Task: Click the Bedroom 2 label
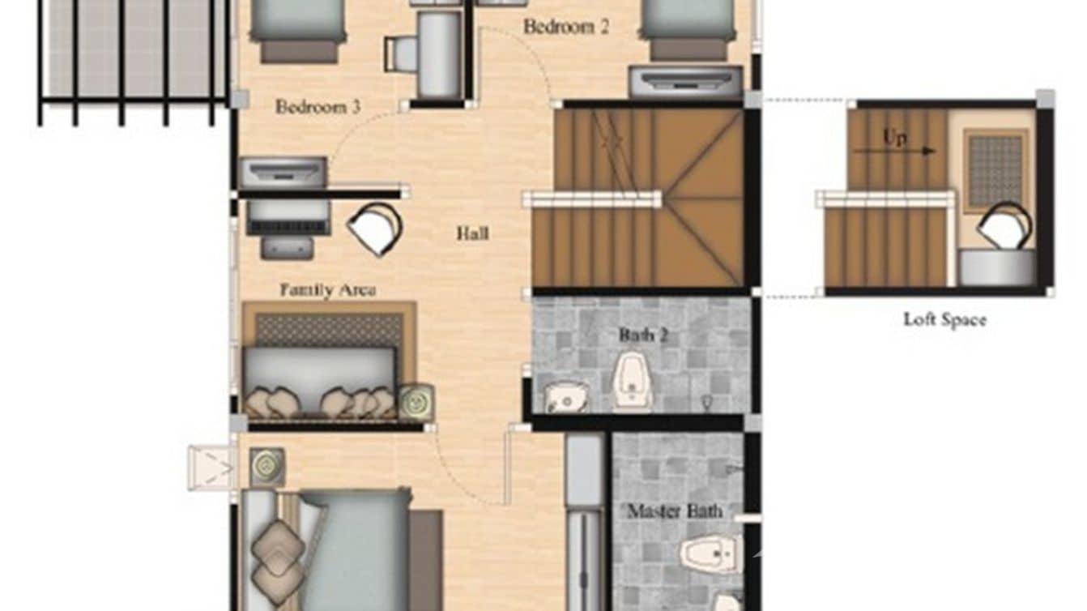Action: [x=565, y=27]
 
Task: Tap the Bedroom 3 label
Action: [x=318, y=107]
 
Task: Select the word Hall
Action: [x=472, y=234]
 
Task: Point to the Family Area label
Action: [x=327, y=290]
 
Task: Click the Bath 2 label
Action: [x=643, y=335]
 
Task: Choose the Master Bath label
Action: [x=675, y=511]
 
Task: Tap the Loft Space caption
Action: [x=944, y=320]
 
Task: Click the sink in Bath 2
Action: [x=565, y=395]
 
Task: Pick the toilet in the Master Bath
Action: [x=709, y=554]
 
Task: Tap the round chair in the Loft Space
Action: [x=1004, y=224]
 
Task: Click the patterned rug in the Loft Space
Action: [x=995, y=169]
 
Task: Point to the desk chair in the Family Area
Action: [x=374, y=229]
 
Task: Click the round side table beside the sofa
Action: [x=416, y=402]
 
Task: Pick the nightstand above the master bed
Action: [x=266, y=467]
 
